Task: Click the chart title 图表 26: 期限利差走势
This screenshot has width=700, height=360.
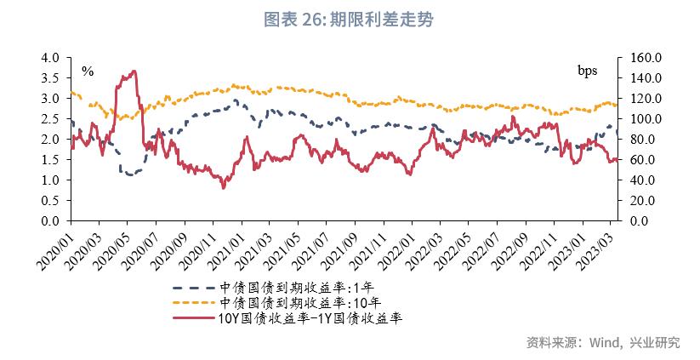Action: [350, 20]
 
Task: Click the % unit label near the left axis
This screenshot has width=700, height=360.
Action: [87, 71]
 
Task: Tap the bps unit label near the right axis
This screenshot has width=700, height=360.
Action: [589, 70]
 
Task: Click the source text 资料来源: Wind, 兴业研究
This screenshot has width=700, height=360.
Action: [603, 343]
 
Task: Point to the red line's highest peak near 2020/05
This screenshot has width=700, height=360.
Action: [134, 71]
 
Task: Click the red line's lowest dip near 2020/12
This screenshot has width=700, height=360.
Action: [223, 187]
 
